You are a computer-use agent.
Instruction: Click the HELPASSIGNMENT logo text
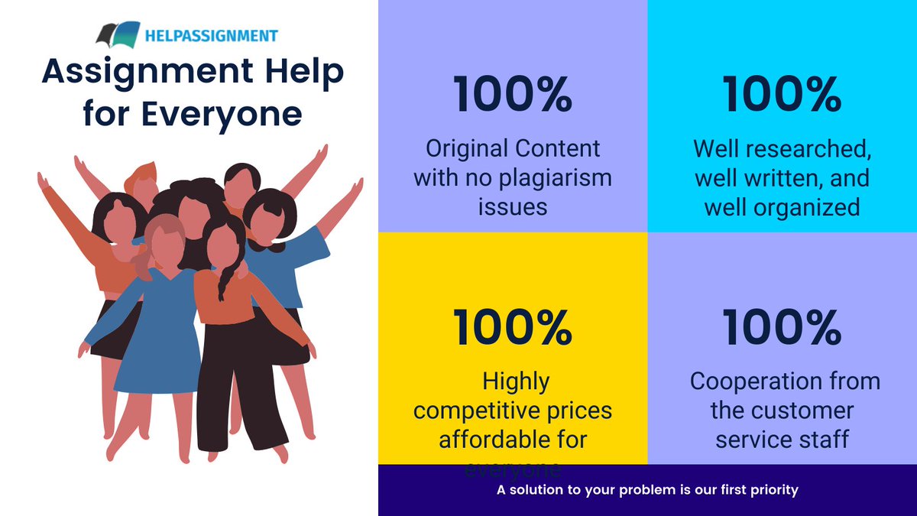pyautogui.click(x=209, y=35)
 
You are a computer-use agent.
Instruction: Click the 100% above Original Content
pyautogui.click(x=513, y=95)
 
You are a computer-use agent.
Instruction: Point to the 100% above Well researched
pyautogui.click(x=782, y=95)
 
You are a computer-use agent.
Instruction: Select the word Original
pyautogui.click(x=467, y=148)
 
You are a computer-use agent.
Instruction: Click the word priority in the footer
pyautogui.click(x=773, y=489)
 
